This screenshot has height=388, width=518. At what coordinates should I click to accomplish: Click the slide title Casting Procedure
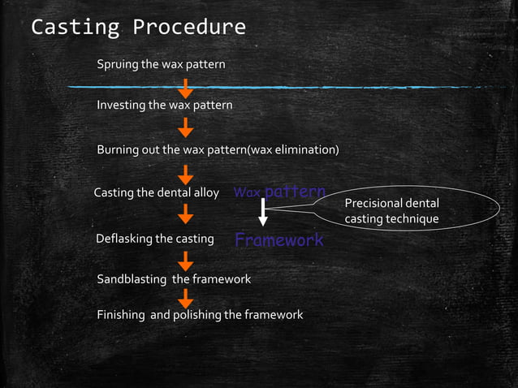138,27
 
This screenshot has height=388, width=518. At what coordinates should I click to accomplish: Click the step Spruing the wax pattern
161,64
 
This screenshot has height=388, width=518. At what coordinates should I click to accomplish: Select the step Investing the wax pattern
164,106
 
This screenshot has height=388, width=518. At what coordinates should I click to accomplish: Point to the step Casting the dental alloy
157,193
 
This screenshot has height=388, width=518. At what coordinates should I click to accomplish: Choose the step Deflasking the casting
154,239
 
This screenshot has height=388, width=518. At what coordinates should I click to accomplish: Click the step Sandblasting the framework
174,279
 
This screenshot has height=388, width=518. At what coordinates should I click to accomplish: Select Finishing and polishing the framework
200,315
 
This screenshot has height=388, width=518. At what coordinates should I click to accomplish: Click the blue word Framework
278,240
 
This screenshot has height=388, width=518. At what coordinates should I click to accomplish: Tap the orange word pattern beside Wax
295,192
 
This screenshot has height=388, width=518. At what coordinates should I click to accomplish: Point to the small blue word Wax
247,194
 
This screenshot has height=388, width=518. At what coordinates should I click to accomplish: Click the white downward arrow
263,213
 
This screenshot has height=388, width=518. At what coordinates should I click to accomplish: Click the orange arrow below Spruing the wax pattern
186,88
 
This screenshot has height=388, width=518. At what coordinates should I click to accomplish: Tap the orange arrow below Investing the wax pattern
186,127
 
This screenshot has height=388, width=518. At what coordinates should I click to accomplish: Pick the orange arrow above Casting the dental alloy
186,174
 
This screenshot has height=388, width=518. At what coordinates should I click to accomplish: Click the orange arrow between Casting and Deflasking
186,215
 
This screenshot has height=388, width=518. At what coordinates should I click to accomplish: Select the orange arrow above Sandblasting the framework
186,261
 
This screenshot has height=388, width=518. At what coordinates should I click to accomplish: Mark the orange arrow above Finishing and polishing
186,298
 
